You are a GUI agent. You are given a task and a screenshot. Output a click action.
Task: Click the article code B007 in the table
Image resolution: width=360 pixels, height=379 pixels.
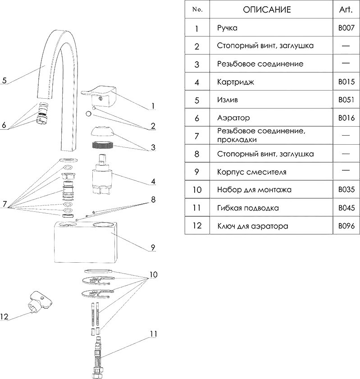[x=346, y=28]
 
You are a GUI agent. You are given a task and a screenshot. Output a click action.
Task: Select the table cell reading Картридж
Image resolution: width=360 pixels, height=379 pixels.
[x=235, y=82]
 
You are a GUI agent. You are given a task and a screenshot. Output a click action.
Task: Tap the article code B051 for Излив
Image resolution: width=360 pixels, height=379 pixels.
[x=346, y=100]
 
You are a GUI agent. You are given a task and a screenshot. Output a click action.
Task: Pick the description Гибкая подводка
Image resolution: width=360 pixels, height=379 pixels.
[x=247, y=208]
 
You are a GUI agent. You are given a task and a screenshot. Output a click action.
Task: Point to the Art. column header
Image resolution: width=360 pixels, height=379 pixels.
[x=346, y=9]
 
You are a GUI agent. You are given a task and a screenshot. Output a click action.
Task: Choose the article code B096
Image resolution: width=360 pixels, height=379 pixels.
[x=346, y=226]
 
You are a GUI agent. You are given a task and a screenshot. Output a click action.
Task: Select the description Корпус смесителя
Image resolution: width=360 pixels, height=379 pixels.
[x=251, y=172]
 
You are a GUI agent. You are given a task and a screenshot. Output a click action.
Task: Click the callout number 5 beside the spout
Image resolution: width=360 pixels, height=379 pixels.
[x=4, y=81]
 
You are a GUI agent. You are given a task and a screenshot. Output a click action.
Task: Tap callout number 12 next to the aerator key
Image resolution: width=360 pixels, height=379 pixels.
[x=5, y=317]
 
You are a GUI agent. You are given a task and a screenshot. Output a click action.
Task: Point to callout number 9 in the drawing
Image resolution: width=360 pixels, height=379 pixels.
[x=153, y=247]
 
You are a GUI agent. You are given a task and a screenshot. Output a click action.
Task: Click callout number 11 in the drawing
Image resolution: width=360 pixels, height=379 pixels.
[x=153, y=334]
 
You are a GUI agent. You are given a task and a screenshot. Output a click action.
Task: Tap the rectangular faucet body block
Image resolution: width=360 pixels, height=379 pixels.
[x=86, y=243]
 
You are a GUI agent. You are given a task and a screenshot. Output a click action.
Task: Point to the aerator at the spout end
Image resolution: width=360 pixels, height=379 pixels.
[x=42, y=114]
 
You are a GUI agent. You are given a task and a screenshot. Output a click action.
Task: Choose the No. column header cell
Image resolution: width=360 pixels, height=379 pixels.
[x=197, y=9]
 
